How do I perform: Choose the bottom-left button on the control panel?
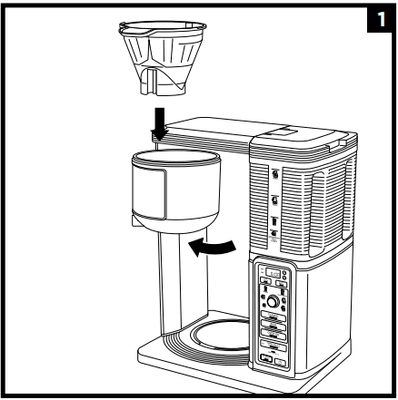pos(267,361)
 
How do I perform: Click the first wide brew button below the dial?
pos(274,318)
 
